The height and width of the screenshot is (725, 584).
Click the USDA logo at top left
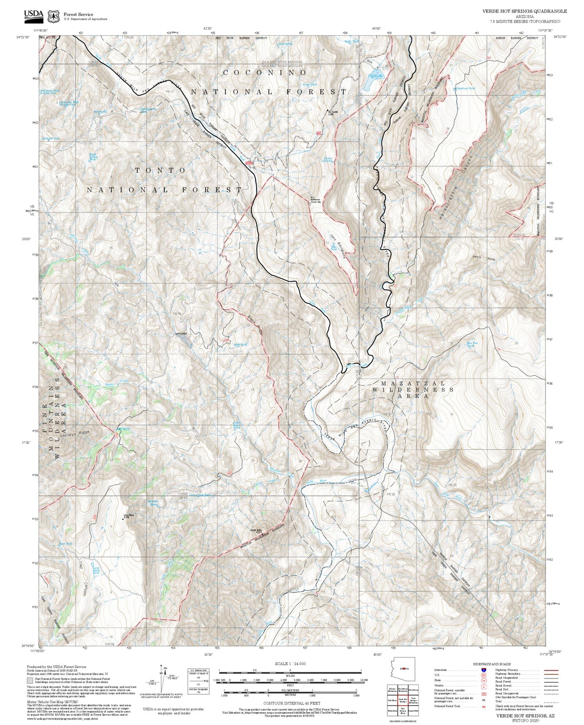(33, 14)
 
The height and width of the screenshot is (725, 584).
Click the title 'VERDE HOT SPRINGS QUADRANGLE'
(524, 11)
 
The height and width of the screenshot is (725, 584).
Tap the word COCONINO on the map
(265, 73)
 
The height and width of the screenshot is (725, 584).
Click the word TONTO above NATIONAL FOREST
(160, 171)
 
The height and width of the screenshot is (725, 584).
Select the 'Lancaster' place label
(181, 333)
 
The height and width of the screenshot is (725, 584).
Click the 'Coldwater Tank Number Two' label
(50, 92)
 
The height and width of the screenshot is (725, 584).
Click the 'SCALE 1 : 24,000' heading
(290, 663)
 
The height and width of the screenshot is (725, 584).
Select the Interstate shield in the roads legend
(484, 670)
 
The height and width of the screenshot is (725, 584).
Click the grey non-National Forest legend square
(30, 681)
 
